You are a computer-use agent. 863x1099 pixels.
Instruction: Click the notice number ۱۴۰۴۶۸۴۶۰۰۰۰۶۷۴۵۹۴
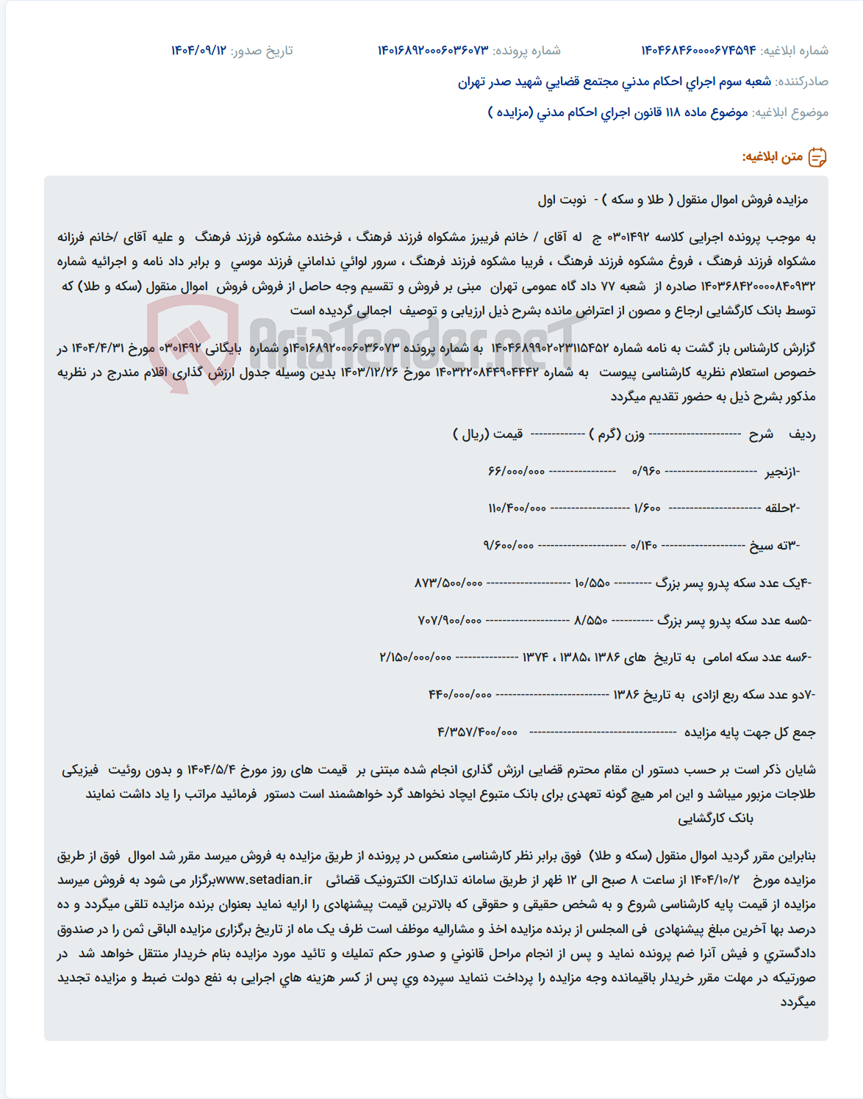pos(698,50)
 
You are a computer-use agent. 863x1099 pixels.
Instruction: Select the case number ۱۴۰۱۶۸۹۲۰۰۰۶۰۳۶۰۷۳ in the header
pos(433,50)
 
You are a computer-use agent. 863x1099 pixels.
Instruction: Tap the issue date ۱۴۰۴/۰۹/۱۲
pos(198,50)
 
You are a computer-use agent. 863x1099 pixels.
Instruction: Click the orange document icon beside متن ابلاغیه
pos(817,157)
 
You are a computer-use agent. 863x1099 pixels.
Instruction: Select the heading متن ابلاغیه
pos(772,157)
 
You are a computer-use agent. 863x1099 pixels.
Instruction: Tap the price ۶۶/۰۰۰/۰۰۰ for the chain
pos(516,471)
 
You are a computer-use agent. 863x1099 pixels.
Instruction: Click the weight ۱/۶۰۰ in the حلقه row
pos(647,508)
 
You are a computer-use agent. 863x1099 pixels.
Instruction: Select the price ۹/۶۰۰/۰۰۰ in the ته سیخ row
pos(509,545)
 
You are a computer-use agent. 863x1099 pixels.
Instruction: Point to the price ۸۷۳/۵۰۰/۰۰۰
pos(448,583)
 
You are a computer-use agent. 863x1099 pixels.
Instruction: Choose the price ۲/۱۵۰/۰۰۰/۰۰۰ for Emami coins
pos(415,657)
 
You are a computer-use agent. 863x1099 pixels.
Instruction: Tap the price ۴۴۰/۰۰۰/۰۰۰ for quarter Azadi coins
pos(460,694)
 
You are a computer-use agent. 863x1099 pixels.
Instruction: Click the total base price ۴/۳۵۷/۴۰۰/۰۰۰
pos(477,732)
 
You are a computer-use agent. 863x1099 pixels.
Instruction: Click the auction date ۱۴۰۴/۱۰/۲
pos(715,880)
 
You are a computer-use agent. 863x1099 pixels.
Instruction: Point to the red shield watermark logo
pos(193,342)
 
